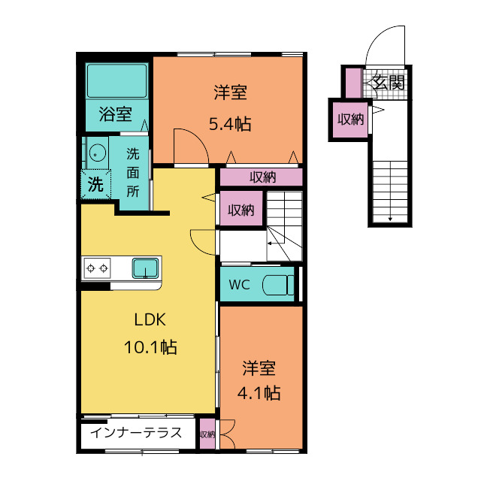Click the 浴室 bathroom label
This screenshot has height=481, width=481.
[x=115, y=114]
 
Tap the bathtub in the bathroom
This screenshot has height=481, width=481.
[x=116, y=81]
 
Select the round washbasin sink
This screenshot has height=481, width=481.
[x=98, y=153]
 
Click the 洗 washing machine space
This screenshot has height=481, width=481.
[x=95, y=184]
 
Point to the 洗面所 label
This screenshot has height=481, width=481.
[x=133, y=173]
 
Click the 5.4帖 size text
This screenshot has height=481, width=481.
[x=230, y=124]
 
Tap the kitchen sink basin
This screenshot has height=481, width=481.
[x=146, y=268]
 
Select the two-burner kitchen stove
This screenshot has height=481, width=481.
[x=97, y=268]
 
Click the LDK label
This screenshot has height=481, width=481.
[x=150, y=319]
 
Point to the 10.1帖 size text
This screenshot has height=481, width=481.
[x=150, y=347]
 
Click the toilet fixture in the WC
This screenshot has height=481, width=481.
[x=278, y=285]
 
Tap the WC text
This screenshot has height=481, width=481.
[x=239, y=285]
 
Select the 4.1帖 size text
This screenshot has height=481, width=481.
[x=259, y=393]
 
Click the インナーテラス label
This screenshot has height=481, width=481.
[x=136, y=433]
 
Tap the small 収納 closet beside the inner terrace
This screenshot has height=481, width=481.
[x=207, y=434]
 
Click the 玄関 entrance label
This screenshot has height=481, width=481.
[x=389, y=82]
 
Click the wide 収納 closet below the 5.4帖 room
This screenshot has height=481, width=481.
[x=262, y=177]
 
